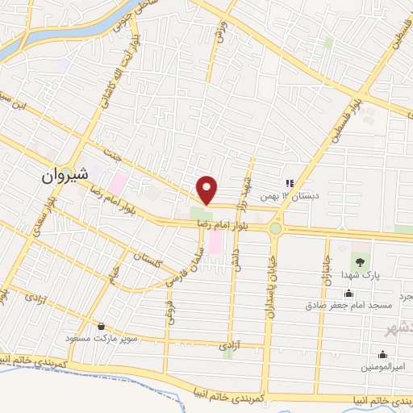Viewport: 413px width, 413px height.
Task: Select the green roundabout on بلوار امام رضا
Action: pos(277,228)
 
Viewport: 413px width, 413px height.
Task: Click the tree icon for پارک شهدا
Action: pos(357,261)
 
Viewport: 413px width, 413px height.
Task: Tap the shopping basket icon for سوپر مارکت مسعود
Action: pos(102,327)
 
